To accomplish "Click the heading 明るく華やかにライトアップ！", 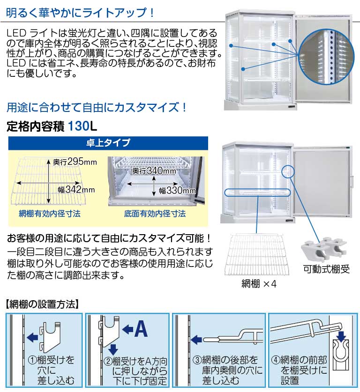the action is click(x=80, y=12).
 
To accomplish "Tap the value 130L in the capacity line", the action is click(x=82, y=126).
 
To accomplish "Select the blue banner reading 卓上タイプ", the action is click(x=108, y=143).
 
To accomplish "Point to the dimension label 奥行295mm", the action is click(x=75, y=162).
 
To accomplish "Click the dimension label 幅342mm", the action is click(x=76, y=190).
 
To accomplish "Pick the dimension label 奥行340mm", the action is click(x=154, y=171).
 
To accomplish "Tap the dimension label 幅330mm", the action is click(x=177, y=191).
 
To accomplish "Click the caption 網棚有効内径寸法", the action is click(x=50, y=214).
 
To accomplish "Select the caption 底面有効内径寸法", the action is click(x=155, y=214).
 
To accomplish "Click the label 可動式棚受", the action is click(x=326, y=269).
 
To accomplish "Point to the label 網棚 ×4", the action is click(x=259, y=284).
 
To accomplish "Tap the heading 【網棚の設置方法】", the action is click(x=42, y=304).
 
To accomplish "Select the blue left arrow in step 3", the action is click(x=196, y=340).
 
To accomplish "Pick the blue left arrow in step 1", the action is click(x=32, y=338).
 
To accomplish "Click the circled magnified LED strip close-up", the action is click(x=326, y=57).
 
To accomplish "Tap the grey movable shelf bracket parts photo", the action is click(x=324, y=250).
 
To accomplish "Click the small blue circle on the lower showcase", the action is click(x=288, y=171).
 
